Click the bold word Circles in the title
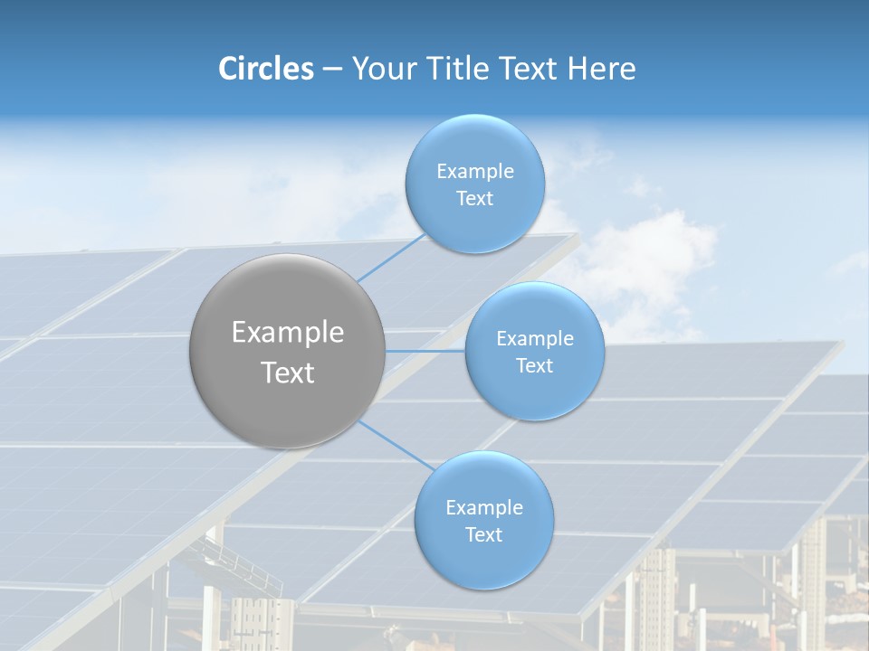click(265, 69)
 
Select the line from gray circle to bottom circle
click(396, 445)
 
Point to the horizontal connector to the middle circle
click(425, 350)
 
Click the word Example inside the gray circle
click(288, 333)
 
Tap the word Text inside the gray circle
click(288, 373)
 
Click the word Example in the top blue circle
click(475, 172)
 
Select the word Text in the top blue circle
click(474, 199)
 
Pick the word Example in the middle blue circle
click(535, 339)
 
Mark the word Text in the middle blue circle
click(534, 366)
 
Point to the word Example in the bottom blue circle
click(484, 508)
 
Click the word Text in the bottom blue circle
click(483, 535)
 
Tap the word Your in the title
click(381, 69)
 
